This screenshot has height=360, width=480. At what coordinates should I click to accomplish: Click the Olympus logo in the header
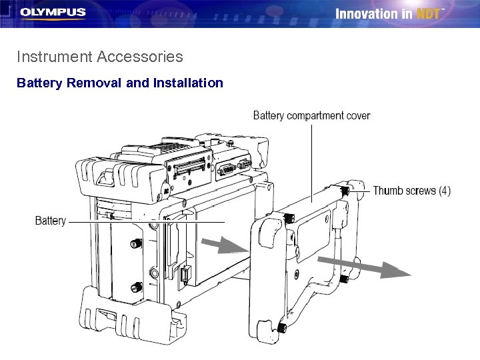coord(53,13)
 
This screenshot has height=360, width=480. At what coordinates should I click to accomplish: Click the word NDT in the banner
coord(428,14)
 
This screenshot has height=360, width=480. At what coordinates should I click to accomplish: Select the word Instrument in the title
coord(55,57)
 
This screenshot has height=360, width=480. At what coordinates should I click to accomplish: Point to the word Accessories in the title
coord(140,57)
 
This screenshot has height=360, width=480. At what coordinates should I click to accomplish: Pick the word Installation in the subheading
coord(188,83)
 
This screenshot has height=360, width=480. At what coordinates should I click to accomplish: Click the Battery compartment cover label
coord(311,116)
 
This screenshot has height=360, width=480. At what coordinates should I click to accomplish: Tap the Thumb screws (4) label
coord(412,191)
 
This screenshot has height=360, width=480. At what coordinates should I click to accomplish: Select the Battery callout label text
coord(51,221)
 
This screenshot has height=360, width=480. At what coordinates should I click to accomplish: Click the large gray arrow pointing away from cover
coord(364,267)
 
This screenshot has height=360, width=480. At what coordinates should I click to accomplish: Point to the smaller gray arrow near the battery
coord(225,245)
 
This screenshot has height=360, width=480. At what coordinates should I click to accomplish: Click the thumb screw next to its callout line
coord(345,191)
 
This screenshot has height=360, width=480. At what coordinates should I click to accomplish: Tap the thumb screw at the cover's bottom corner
coord(281,328)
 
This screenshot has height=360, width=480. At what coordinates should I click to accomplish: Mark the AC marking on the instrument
coord(166,191)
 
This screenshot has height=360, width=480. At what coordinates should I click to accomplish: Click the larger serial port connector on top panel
coord(226,169)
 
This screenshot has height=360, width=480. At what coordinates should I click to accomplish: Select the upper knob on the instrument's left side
coord(136,243)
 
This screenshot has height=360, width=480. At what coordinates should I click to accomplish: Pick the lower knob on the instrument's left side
coord(136,287)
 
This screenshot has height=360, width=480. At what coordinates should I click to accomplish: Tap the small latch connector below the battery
coord(185,275)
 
